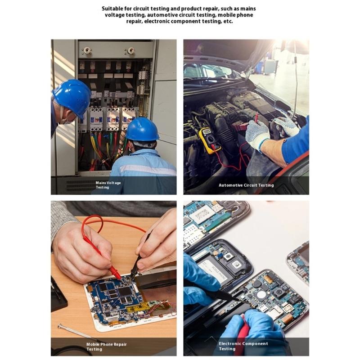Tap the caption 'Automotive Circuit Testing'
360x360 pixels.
tap(246, 185)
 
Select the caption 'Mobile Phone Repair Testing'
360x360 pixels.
tap(106, 346)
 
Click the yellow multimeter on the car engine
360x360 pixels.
tap(209, 140)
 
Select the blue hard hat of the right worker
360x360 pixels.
tap(142, 129)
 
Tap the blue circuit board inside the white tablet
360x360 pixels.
tap(115, 297)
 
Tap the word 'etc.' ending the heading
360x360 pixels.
tap(228, 21)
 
